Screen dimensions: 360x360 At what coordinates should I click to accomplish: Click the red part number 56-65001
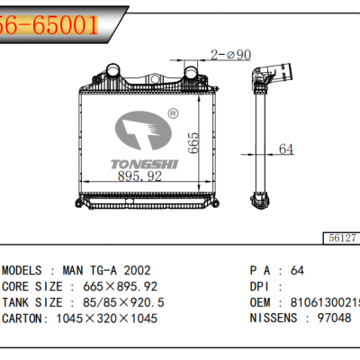[49, 24]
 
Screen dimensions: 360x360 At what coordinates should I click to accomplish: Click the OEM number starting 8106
[325, 301]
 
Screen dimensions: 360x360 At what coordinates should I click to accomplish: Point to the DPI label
[261, 285]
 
